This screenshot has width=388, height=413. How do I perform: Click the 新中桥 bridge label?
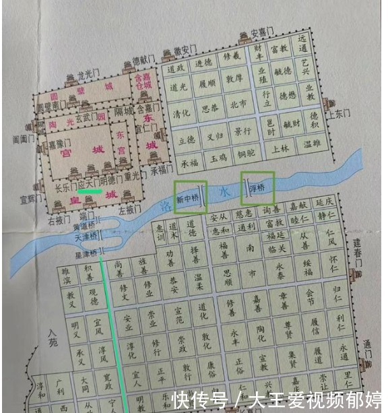187,199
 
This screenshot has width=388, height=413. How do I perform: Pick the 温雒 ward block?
311,144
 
